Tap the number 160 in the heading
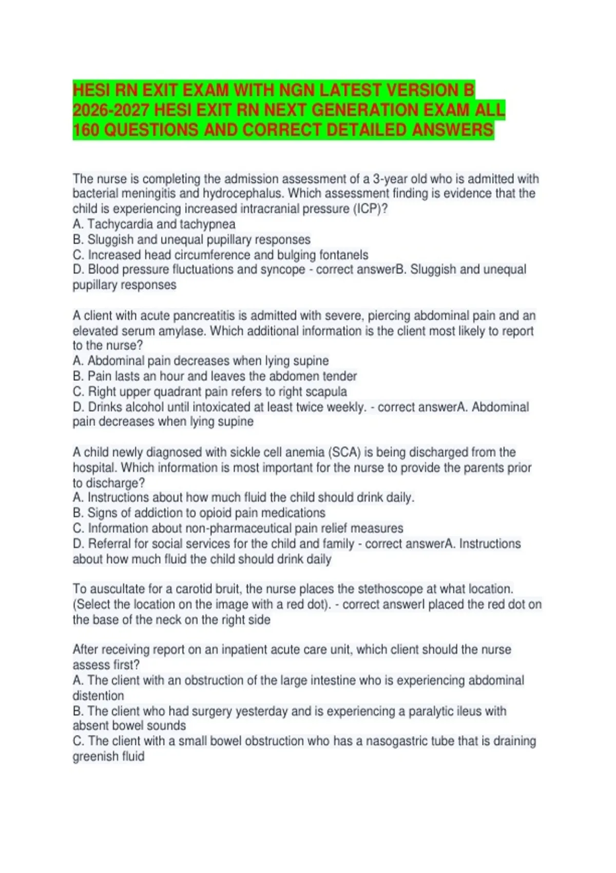click(x=86, y=130)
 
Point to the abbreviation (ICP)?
click(x=371, y=209)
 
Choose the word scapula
click(x=326, y=391)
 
